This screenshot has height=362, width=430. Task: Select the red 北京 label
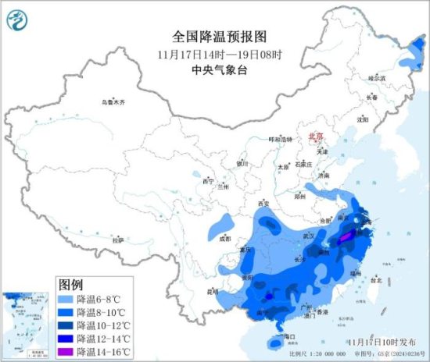point(316,135)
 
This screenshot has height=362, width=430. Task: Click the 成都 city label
point(225,239)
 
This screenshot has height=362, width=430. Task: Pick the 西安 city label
point(262,204)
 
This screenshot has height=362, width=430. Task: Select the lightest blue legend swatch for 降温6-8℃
point(67,299)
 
